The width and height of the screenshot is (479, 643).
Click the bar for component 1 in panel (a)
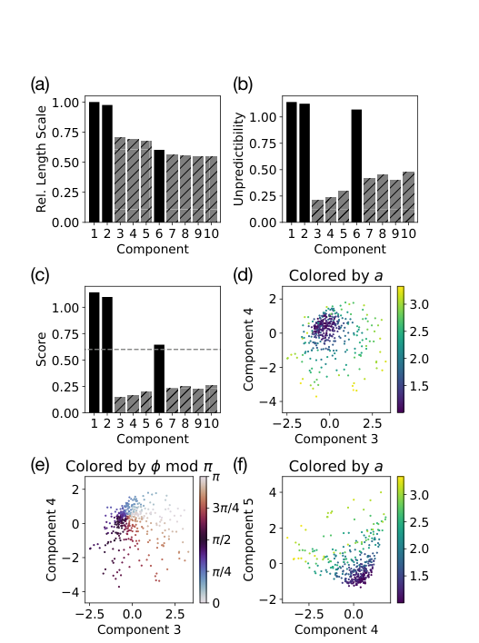point(94,162)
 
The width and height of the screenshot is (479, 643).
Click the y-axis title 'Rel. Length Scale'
point(41,155)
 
